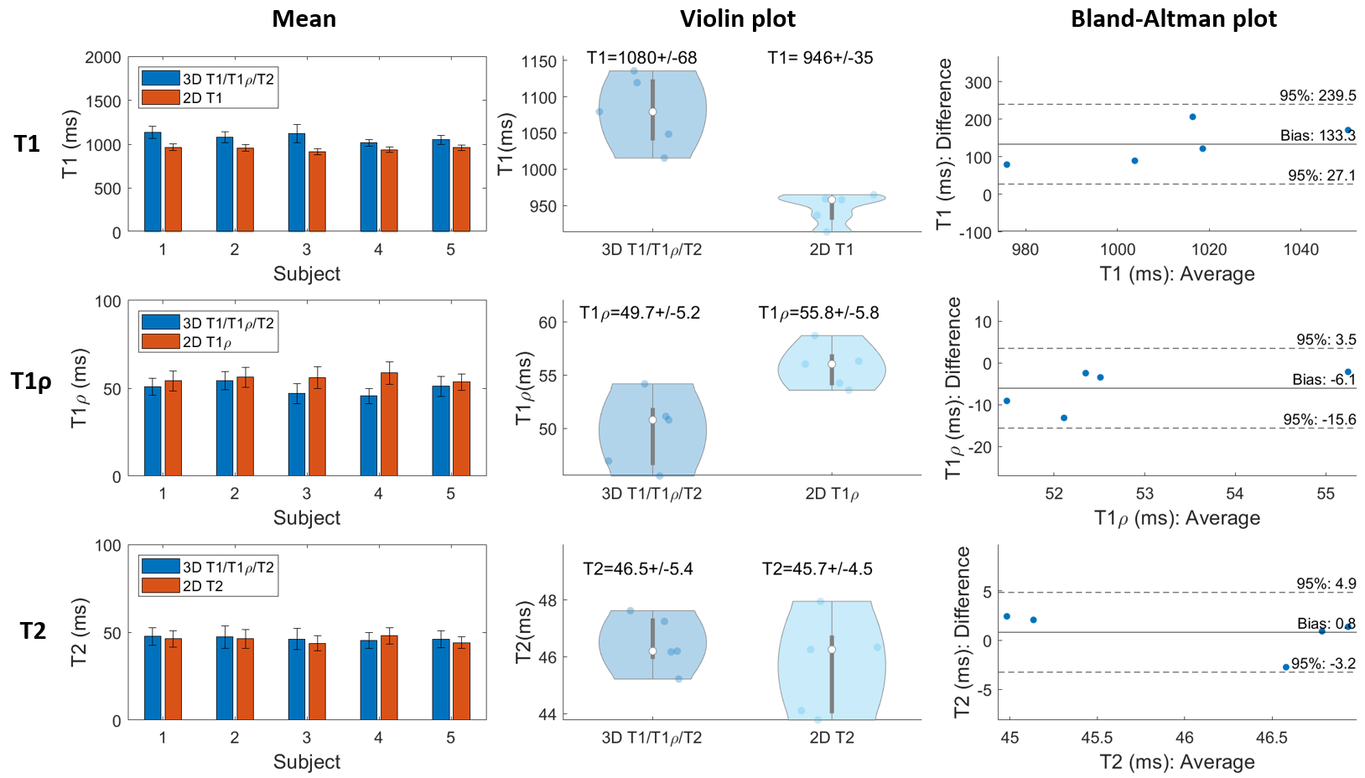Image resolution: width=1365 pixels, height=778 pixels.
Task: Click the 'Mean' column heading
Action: (304, 19)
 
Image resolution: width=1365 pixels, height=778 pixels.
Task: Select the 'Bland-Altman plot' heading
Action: (1173, 19)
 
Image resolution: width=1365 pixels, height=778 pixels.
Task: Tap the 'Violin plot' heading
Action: (738, 19)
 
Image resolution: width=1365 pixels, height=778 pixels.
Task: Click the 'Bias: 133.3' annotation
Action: (1317, 135)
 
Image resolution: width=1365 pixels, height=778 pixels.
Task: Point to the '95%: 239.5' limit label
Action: (1317, 96)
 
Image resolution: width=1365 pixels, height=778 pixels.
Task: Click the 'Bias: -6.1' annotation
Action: (1323, 379)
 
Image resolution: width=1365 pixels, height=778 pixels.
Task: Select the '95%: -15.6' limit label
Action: (1319, 419)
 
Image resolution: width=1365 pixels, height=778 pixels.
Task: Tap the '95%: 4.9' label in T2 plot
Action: (1326, 583)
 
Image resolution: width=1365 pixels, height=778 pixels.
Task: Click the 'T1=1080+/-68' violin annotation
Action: (641, 58)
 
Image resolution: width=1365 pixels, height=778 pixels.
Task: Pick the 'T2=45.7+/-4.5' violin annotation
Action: (817, 569)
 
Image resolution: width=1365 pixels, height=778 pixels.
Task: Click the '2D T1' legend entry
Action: (202, 98)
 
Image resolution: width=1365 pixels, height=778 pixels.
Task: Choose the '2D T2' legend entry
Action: (202, 586)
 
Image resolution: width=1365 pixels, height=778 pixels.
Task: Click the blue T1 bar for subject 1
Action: (153, 181)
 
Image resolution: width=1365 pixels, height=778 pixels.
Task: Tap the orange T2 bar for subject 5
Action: (461, 681)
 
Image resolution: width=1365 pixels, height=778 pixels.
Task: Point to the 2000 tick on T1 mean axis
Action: (103, 58)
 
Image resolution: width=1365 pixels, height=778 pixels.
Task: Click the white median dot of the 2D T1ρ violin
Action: (832, 364)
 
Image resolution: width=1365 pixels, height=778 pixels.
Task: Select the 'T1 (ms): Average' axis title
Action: (1177, 274)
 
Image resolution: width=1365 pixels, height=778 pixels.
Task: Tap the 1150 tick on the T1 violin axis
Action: (538, 62)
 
